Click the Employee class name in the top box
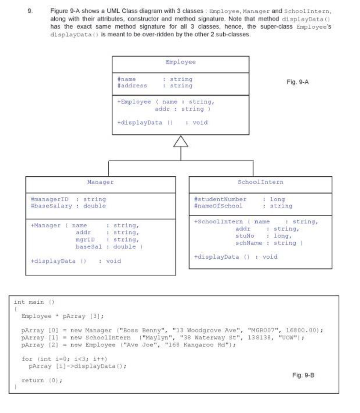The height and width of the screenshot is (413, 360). point(180,62)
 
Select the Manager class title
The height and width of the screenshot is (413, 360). point(100,182)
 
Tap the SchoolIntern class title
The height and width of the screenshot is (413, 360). point(260,182)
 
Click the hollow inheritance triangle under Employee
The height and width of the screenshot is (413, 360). point(181,141)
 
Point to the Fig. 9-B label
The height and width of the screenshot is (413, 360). point(303,375)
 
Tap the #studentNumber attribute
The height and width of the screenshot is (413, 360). point(220,199)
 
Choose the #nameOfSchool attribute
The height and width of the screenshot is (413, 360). point(218,206)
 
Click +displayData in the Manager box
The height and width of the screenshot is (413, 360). point(53,261)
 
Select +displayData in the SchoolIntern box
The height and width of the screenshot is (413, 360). point(216,257)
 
